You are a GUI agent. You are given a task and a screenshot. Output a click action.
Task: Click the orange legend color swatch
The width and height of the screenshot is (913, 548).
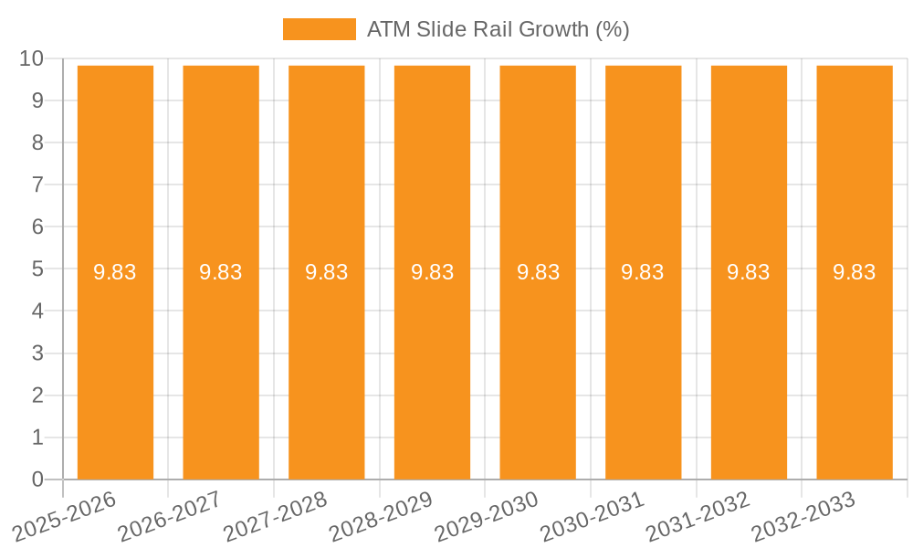pyautogui.click(x=319, y=29)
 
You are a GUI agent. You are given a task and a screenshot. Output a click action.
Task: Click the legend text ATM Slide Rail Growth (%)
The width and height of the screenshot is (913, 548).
pyautogui.click(x=498, y=29)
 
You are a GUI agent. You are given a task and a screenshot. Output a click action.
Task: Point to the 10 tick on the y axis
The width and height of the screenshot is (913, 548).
pyautogui.click(x=31, y=58)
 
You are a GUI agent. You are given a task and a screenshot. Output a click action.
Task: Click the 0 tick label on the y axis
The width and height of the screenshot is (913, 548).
pyautogui.click(x=37, y=479)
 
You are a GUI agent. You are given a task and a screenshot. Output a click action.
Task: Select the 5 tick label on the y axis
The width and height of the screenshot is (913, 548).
pyautogui.click(x=37, y=269)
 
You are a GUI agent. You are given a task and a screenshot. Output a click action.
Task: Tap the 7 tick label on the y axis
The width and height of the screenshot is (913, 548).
pyautogui.click(x=37, y=185)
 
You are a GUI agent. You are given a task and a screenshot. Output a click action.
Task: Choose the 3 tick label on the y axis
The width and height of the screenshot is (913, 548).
pyautogui.click(x=37, y=353)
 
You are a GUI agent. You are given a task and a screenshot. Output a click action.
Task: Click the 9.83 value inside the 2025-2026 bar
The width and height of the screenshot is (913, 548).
pyautogui.click(x=115, y=272)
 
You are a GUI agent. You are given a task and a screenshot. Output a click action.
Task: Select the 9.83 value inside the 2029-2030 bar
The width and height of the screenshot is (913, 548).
pyautogui.click(x=538, y=272)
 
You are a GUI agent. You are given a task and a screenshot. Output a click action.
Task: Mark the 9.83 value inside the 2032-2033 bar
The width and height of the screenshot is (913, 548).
pyautogui.click(x=855, y=272)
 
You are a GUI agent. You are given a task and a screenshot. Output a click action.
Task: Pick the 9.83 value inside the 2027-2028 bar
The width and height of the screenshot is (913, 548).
pyautogui.click(x=327, y=272)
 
